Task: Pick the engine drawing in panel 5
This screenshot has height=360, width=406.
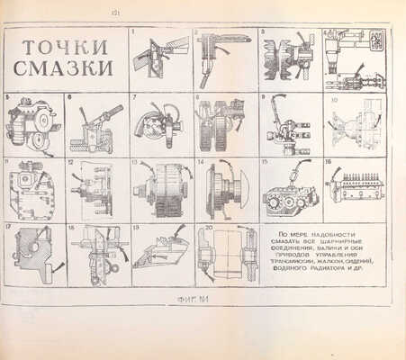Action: (32, 126)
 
